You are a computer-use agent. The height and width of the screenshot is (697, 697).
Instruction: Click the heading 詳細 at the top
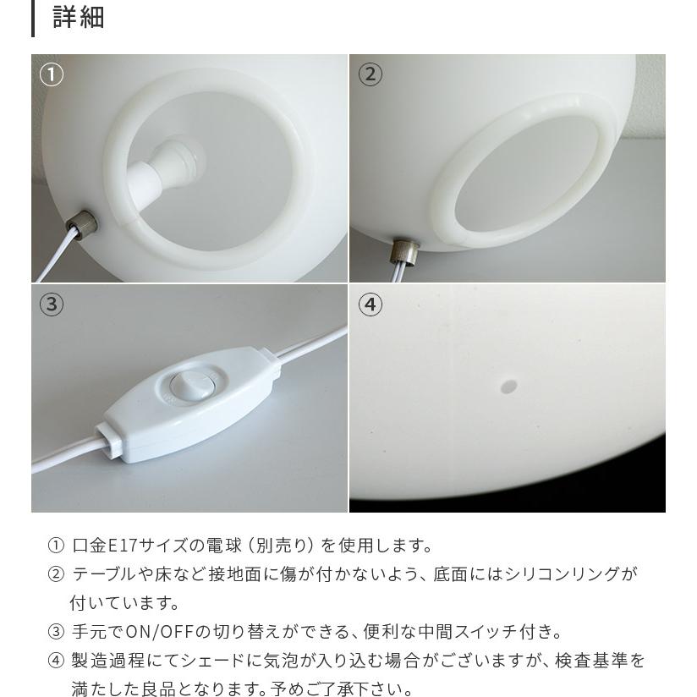(x=79, y=17)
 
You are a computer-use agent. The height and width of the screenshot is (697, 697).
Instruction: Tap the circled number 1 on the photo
(x=52, y=75)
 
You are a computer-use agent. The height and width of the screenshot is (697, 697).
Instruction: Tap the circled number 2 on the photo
(x=370, y=75)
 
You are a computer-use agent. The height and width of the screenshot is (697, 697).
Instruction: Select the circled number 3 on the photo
(x=52, y=305)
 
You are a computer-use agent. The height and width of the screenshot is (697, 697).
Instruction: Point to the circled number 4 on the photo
(x=370, y=305)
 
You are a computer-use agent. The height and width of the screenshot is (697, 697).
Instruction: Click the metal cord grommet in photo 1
(x=85, y=228)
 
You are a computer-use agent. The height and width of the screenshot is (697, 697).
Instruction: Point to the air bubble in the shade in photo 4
(x=508, y=387)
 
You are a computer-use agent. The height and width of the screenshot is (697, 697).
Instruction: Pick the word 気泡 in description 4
(x=312, y=661)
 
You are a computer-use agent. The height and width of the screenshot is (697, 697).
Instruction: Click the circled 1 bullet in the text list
(x=56, y=546)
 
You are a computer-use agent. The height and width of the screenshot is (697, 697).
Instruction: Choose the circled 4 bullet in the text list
(x=56, y=661)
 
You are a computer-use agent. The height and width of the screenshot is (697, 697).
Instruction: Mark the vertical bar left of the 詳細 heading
(x=33, y=18)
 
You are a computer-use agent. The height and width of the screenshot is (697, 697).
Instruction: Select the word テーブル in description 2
(x=104, y=574)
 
